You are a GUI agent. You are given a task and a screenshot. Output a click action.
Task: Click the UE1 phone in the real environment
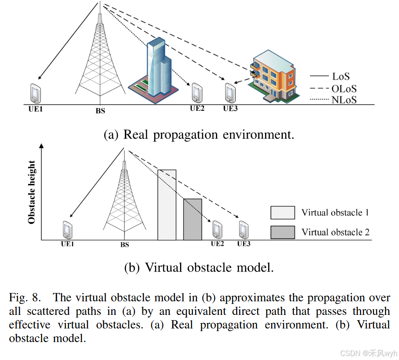(x=35, y=93)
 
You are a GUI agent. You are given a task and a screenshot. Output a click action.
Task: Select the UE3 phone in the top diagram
(x=230, y=92)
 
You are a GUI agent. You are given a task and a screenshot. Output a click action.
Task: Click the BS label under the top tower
(x=100, y=111)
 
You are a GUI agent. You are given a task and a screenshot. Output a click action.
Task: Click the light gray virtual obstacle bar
(x=167, y=205)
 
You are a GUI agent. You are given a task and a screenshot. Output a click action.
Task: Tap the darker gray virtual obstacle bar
(x=192, y=219)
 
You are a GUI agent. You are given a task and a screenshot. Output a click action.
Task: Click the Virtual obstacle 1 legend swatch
(x=282, y=213)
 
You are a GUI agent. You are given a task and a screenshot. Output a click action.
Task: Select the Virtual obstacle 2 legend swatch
(x=282, y=232)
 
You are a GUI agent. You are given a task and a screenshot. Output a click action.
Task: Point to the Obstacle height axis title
(x=32, y=193)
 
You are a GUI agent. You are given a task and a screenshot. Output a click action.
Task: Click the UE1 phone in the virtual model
(x=67, y=229)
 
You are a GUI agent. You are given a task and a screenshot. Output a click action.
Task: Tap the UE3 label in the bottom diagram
(x=244, y=244)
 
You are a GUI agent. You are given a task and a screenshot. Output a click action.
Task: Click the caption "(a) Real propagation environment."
(x=198, y=134)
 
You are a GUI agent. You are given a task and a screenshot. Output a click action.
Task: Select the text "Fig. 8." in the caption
(x=25, y=298)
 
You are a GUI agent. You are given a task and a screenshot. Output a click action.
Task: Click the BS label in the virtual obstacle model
(x=125, y=245)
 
